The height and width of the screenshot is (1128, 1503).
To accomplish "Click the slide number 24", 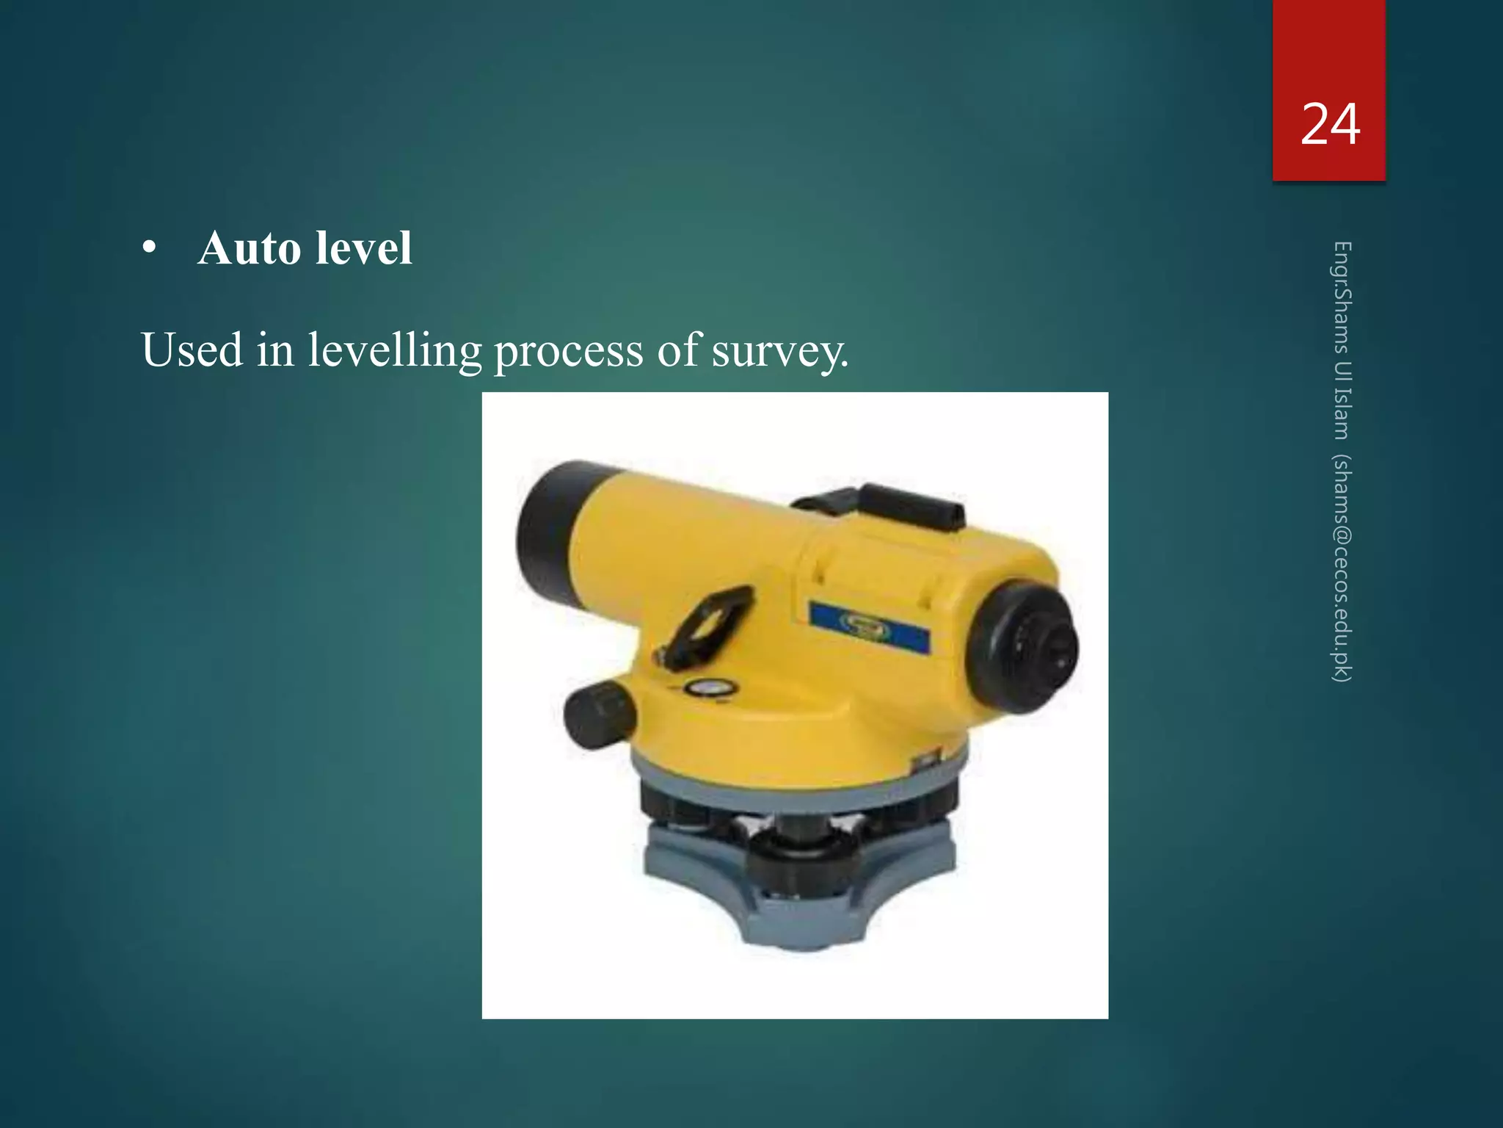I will pyautogui.click(x=1330, y=124).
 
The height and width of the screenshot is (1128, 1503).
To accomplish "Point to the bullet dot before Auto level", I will pyautogui.click(x=150, y=250).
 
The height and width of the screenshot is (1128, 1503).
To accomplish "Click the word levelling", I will pyautogui.click(x=395, y=350).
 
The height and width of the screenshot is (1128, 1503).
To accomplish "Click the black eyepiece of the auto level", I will pyautogui.click(x=1027, y=646).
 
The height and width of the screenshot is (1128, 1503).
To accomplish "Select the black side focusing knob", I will pyautogui.click(x=597, y=714).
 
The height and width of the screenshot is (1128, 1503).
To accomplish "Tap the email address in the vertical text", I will pyautogui.click(x=1342, y=569).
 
